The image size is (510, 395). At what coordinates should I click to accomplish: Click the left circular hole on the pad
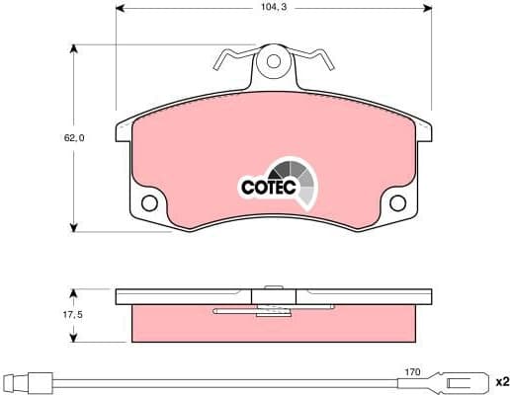click(x=150, y=203)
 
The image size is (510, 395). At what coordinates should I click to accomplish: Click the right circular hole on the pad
click(x=398, y=203)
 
